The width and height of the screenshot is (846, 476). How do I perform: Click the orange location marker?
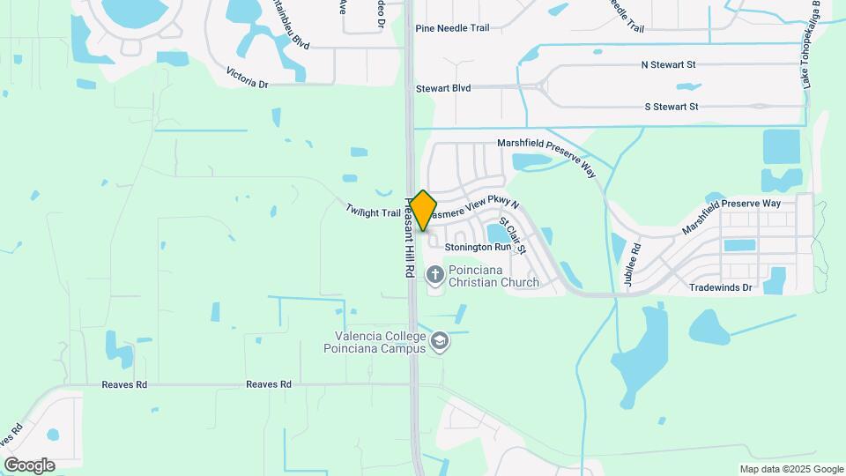(424, 211)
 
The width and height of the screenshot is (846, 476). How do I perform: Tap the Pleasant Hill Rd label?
(410, 237)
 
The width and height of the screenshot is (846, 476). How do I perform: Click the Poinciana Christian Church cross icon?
(435, 276)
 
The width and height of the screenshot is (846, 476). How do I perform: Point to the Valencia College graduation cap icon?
(439, 341)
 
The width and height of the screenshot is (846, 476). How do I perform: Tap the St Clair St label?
(513, 235)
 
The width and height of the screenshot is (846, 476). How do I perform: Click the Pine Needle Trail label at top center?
(452, 28)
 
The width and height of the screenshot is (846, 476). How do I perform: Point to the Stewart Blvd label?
(443, 88)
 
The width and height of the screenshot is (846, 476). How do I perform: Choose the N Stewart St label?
(668, 65)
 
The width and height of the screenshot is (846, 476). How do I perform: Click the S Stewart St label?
(671, 107)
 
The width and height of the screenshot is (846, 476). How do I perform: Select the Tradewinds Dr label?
(720, 287)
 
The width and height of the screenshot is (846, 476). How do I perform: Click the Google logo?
(30, 465)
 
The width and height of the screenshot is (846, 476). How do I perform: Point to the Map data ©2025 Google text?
(791, 469)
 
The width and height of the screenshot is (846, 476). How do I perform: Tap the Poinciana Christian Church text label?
(493, 276)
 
